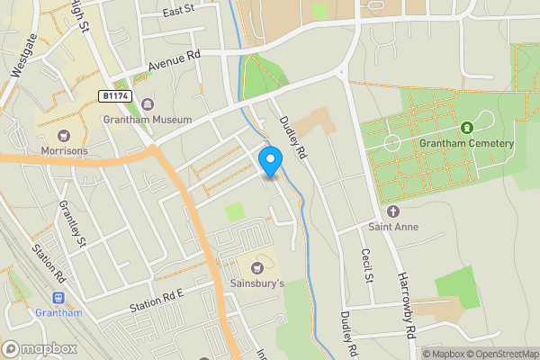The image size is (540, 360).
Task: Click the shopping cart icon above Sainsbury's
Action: (x=257, y=267)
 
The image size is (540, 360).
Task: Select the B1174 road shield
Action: (x=115, y=94)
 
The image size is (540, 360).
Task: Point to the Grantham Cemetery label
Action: (x=467, y=144)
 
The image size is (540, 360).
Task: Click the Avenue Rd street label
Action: (x=174, y=60)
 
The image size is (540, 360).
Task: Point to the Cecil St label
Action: (x=366, y=265)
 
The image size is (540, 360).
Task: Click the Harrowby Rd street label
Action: (x=407, y=307)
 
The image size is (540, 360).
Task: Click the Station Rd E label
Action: (x=156, y=301)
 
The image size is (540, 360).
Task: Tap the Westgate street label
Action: (x=21, y=54)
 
